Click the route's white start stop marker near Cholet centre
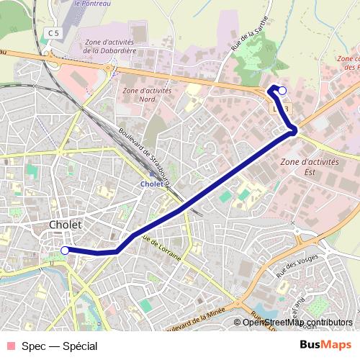(x=65, y=251)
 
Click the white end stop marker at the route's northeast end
(x=282, y=90)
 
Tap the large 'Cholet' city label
(x=66, y=225)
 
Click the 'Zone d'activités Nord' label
(x=147, y=95)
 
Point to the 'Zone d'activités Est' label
(x=310, y=167)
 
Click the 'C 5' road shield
(x=52, y=33)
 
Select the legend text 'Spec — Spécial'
(x=60, y=346)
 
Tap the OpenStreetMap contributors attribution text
(x=297, y=322)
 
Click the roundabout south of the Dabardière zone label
(x=109, y=71)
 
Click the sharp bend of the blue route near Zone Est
(x=294, y=130)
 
